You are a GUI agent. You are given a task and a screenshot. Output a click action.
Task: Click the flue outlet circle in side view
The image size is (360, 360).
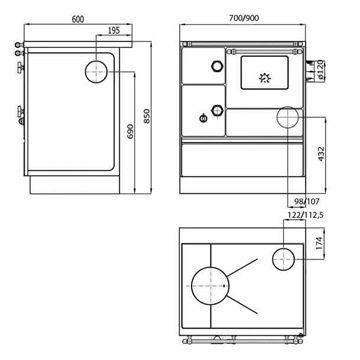pyautogui.click(x=97, y=72)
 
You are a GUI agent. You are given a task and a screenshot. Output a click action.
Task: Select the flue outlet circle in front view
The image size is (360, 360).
pyautogui.click(x=288, y=119)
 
